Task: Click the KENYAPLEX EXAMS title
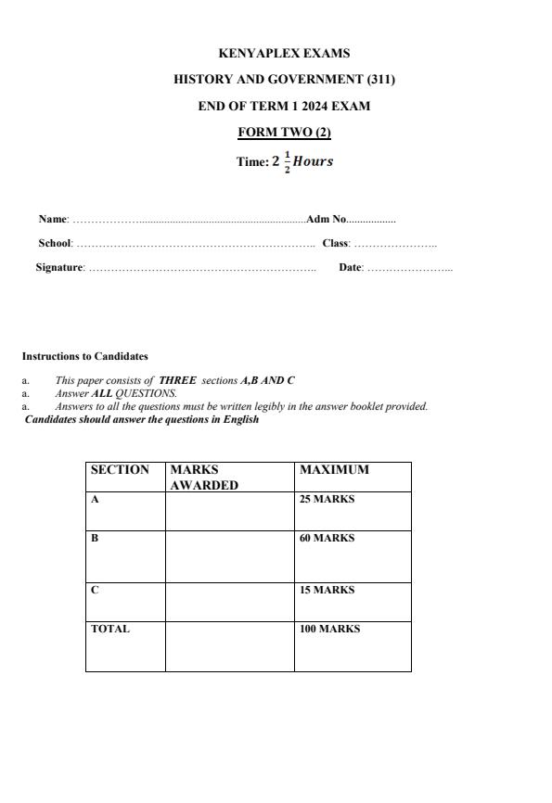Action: click(284, 54)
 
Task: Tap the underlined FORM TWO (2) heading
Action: click(284, 132)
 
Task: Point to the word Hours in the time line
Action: click(313, 161)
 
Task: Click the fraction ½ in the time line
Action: click(287, 162)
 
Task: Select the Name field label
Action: click(53, 220)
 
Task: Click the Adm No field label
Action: click(326, 220)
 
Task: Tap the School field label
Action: click(55, 244)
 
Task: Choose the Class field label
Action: click(335, 244)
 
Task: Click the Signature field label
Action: click(59, 268)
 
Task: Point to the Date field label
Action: click(350, 268)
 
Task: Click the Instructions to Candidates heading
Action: click(84, 356)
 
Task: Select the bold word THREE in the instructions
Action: click(177, 380)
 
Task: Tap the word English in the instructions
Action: click(240, 420)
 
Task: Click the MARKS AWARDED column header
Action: click(204, 477)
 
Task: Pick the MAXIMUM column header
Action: click(334, 470)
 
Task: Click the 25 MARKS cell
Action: click(327, 500)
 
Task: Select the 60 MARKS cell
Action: click(327, 539)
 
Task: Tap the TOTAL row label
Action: click(109, 630)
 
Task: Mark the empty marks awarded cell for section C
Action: click(229, 602)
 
